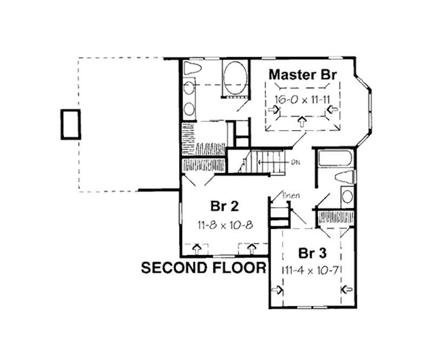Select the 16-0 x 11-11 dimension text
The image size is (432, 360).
tap(302, 100)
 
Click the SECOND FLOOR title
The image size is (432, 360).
tap(203, 268)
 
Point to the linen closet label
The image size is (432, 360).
tap(290, 195)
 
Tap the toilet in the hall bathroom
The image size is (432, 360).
tap(345, 176)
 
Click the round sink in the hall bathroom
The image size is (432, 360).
tap(347, 196)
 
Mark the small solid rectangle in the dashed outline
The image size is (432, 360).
tap(71, 124)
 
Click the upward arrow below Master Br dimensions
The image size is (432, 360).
tap(302, 123)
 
